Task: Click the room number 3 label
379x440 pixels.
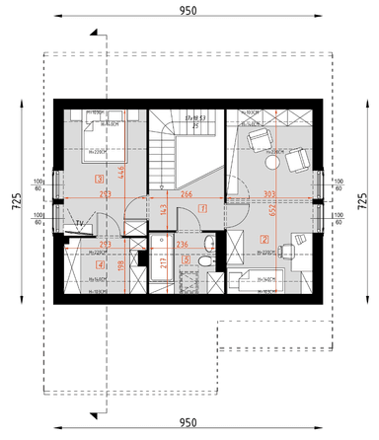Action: click(98, 179)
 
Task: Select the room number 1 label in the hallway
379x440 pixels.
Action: click(202, 208)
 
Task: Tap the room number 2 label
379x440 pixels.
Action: click(265, 238)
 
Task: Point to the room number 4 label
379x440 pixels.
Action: click(99, 263)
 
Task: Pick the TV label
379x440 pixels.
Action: click(80, 225)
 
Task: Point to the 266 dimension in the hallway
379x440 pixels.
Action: click(187, 194)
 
